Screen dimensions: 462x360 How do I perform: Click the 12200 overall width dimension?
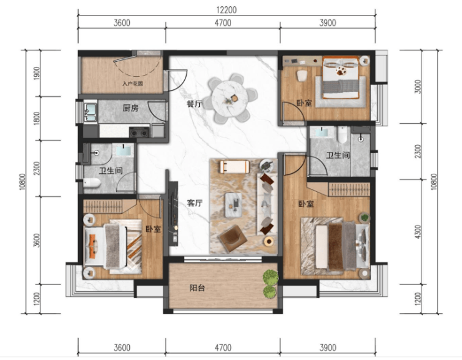pyautogui.click(x=226, y=10)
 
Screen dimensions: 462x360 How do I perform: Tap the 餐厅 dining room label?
pyautogui.click(x=194, y=104)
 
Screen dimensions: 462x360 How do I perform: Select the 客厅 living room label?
pyautogui.click(x=194, y=203)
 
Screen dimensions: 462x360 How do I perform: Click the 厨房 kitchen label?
pyautogui.click(x=130, y=108)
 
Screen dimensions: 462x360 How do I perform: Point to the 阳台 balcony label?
pyautogui.click(x=197, y=288)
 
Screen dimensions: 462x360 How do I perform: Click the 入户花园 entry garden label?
pyautogui.click(x=132, y=84)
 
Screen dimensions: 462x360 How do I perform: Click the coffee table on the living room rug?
pyautogui.click(x=233, y=205)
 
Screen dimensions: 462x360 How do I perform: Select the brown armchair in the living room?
pyautogui.click(x=232, y=239)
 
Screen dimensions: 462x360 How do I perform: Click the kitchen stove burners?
pyautogui.click(x=139, y=132)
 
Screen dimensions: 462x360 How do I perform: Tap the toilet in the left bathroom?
pyautogui.click(x=92, y=183)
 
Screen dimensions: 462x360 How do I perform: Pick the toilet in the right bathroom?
pyautogui.click(x=342, y=134)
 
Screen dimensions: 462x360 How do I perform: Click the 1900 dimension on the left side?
pyautogui.click(x=37, y=73)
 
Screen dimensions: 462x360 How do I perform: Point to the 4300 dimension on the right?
pyautogui.click(x=418, y=232)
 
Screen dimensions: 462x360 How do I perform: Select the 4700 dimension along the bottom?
pyautogui.click(x=223, y=347)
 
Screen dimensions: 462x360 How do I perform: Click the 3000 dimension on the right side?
pyautogui.click(x=418, y=86)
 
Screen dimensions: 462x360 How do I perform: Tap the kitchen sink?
pyautogui.click(x=91, y=111)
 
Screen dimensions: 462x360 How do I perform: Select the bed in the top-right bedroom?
pyautogui.click(x=341, y=77)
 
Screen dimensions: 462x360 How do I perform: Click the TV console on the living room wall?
pyautogui.click(x=173, y=214)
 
